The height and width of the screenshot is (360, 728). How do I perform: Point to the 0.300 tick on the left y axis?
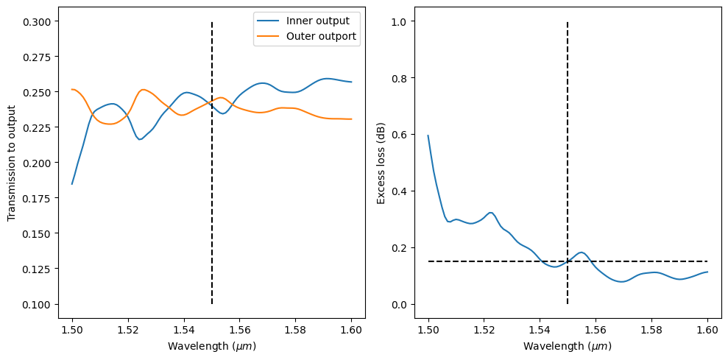[39, 22]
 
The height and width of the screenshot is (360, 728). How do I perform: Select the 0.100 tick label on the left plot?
[39, 304]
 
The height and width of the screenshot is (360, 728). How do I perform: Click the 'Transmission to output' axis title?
[12, 163]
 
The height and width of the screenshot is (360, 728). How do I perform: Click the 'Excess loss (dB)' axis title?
[381, 163]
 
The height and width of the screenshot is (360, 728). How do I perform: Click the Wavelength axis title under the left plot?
[212, 345]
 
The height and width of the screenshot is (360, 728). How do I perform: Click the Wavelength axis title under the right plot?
[568, 345]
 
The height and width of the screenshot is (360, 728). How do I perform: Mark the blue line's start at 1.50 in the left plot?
[72, 184]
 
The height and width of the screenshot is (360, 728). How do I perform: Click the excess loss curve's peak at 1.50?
[428, 135]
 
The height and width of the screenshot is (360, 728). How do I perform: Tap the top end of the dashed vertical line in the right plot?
[568, 22]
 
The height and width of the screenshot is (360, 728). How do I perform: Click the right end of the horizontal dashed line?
[707, 261]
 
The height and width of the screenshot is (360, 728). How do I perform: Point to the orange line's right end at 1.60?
[351, 119]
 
